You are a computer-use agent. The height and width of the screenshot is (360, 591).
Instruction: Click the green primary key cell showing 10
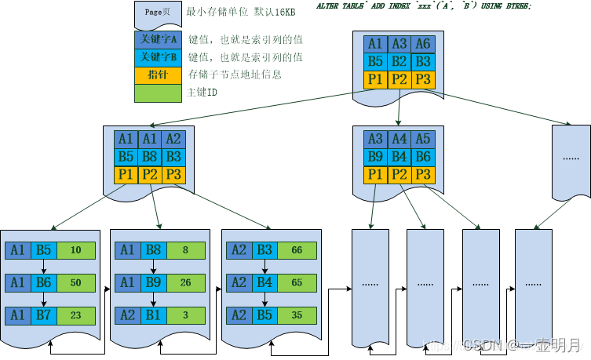pyautogui.click(x=75, y=250)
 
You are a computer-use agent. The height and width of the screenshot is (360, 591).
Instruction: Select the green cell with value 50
pyautogui.click(x=75, y=282)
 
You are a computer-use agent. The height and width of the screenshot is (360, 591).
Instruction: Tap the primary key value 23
pyautogui.click(x=75, y=315)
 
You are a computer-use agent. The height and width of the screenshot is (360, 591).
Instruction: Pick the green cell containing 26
pyautogui.click(x=186, y=282)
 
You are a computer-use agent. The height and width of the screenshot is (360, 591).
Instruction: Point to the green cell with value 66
pyautogui.click(x=297, y=250)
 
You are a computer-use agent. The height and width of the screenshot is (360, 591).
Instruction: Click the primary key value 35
pyautogui.click(x=297, y=315)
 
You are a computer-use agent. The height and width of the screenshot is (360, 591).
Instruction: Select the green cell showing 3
pyautogui.click(x=186, y=315)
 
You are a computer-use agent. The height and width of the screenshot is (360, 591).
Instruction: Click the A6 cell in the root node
pyautogui.click(x=423, y=44)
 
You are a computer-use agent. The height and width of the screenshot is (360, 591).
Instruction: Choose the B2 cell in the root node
pyautogui.click(x=399, y=61)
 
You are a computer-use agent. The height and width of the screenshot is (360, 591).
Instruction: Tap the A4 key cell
pyautogui.click(x=399, y=139)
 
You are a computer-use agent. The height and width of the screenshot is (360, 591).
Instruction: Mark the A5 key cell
pyautogui.click(x=423, y=139)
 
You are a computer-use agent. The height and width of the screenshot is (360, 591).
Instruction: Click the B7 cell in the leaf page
pyautogui.click(x=44, y=315)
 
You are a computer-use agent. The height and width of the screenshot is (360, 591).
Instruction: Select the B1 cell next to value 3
pyautogui.click(x=155, y=315)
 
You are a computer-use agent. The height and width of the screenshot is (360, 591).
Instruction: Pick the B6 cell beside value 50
pyautogui.click(x=44, y=282)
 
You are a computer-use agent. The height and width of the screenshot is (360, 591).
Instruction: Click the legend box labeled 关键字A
pyautogui.click(x=158, y=39)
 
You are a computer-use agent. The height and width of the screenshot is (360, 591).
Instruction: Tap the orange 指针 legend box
pyautogui.click(x=158, y=75)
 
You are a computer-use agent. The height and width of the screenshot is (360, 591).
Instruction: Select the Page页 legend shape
pyautogui.click(x=158, y=14)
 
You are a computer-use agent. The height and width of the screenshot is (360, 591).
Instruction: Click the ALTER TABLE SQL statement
pyautogui.click(x=423, y=6)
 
